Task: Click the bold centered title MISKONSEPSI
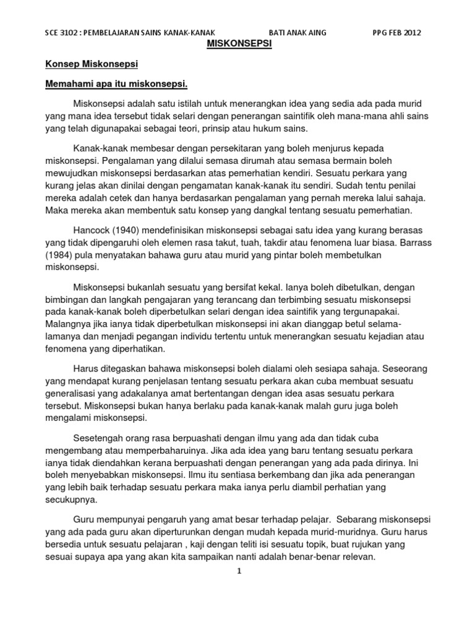(237, 45)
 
